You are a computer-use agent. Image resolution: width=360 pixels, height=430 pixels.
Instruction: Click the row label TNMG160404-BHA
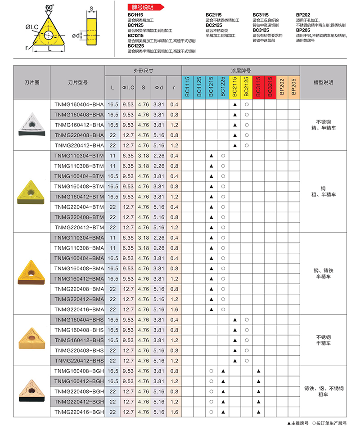pyautogui.click(x=79, y=104)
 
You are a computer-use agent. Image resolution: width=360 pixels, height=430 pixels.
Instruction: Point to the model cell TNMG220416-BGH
pyautogui.click(x=79, y=412)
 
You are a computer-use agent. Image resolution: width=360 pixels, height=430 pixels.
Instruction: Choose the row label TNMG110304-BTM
pyautogui.click(x=79, y=156)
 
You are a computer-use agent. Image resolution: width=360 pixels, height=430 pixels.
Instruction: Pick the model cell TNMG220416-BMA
pyautogui.click(x=79, y=309)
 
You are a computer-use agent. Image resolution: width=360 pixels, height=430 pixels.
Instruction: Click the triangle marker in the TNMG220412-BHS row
pyautogui.click(x=235, y=361)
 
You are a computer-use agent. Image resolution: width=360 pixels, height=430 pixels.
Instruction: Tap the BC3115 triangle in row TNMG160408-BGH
pyautogui.click(x=258, y=371)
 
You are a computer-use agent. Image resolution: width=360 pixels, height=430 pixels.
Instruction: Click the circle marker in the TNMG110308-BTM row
pyautogui.click(x=223, y=166)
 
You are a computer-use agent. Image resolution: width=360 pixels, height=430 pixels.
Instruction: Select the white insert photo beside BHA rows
pyautogui.click(x=31, y=125)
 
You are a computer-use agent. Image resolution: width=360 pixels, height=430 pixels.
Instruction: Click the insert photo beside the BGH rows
pyautogui.click(x=31, y=391)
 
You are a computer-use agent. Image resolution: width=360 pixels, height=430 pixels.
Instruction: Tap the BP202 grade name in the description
pyautogui.click(x=303, y=15)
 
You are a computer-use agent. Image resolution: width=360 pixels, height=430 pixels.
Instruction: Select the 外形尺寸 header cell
pyautogui.click(x=143, y=71)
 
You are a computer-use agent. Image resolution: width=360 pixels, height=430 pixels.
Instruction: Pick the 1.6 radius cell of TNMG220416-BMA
pyautogui.click(x=174, y=309)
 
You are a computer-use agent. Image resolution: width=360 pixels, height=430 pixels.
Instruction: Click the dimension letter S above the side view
pyautogui.click(x=92, y=8)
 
